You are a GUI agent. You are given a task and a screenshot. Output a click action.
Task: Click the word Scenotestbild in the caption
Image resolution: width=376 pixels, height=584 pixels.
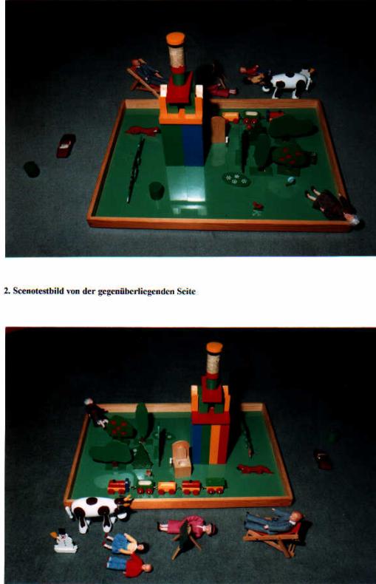click(38, 291)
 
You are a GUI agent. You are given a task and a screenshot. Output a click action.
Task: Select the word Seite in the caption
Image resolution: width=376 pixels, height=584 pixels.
click(186, 291)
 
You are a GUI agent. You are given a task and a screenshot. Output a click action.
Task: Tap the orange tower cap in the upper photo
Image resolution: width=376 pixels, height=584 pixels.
click(175, 38)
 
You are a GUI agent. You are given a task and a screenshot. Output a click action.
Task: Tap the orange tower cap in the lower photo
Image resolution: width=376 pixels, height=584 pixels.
click(214, 347)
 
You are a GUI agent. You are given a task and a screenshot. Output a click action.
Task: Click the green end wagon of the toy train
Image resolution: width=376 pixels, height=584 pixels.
click(216, 485)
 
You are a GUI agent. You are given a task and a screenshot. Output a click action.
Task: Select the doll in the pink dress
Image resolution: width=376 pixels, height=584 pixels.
click(188, 526)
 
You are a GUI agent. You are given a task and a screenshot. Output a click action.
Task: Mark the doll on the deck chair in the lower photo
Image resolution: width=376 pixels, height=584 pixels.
click(273, 521)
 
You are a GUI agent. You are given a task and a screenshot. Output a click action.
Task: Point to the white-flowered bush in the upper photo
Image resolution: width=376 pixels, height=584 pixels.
click(236, 179)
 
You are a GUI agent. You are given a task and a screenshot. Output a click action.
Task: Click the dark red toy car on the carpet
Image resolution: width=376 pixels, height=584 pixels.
click(66, 146)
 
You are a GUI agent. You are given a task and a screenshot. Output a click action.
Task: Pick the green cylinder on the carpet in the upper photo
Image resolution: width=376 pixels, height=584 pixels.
click(32, 169)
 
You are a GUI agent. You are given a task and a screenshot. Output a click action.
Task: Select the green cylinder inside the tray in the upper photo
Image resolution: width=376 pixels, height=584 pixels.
click(157, 191)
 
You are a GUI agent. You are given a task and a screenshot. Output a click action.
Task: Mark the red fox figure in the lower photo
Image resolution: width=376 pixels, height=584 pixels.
click(255, 469)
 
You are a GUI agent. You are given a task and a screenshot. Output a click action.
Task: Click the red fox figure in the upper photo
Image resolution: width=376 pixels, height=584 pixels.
click(143, 131)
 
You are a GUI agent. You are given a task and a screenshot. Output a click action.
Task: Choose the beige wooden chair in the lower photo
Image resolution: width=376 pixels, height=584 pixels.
click(181, 458)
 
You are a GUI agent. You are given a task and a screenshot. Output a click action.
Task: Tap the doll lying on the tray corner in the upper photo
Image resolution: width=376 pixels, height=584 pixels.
click(332, 205)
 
